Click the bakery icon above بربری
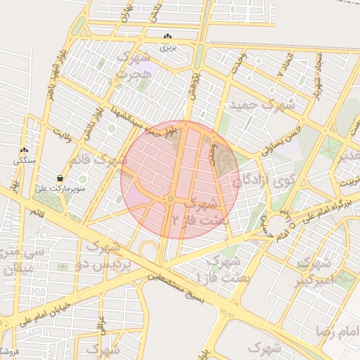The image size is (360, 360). (x=167, y=37)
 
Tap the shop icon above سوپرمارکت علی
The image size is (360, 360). (x=61, y=179)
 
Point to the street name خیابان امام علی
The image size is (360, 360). (x=53, y=307)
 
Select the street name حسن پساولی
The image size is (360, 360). (x=281, y=139)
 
